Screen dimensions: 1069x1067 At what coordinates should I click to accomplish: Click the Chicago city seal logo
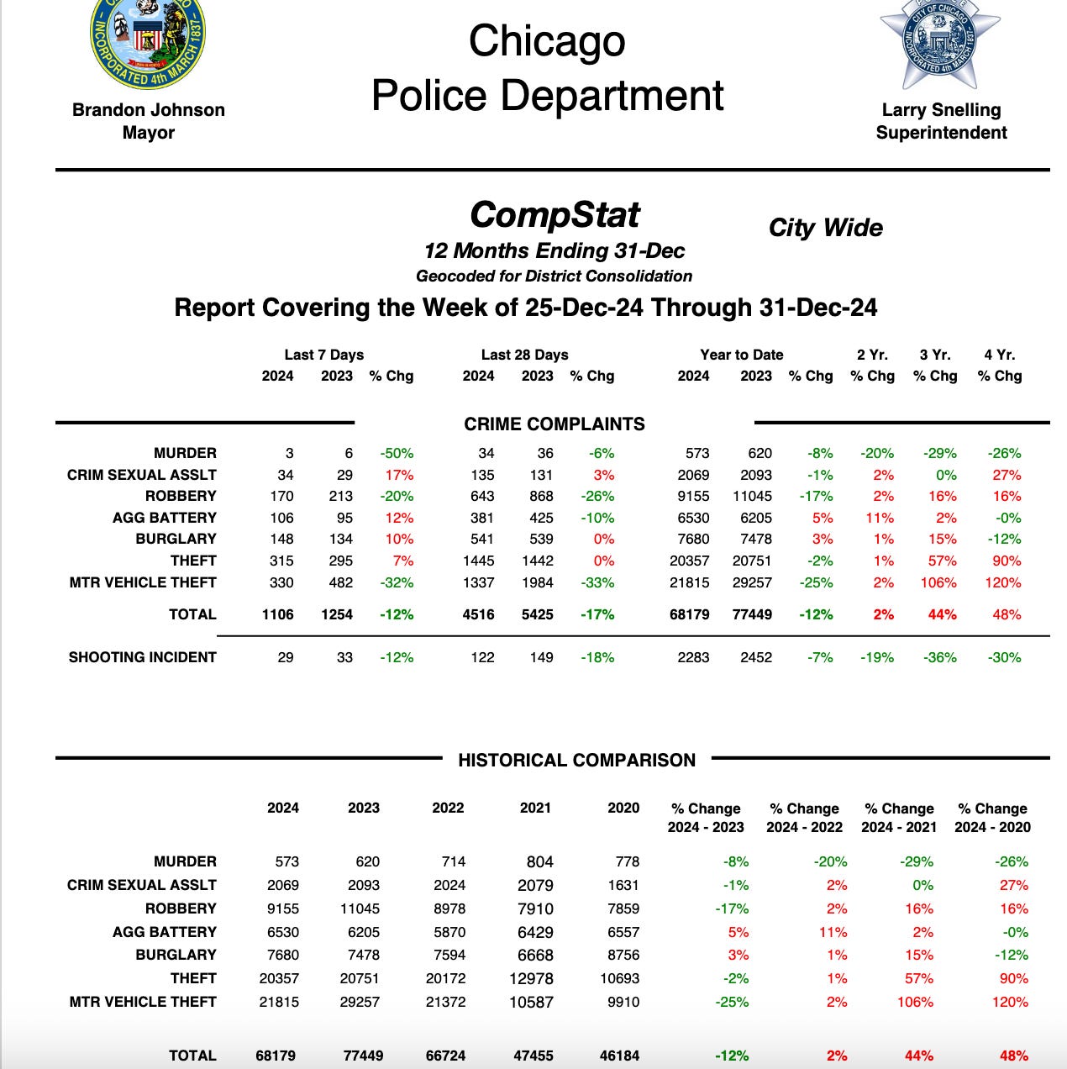coord(148,42)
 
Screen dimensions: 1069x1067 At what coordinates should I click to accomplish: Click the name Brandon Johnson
coord(149,110)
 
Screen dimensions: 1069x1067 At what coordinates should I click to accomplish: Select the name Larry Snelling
coord(941,110)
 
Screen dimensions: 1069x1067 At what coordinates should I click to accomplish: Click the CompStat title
coord(555,215)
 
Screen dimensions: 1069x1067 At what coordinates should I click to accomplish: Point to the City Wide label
coord(825,228)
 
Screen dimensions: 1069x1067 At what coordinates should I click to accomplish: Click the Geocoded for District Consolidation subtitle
coord(555,276)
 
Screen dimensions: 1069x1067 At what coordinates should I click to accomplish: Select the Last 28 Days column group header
coord(524,355)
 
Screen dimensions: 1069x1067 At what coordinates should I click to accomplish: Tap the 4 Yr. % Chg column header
coord(999,366)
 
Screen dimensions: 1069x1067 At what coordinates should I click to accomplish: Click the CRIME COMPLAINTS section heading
coord(555,424)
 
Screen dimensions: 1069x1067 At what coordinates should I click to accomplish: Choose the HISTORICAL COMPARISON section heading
coord(576,761)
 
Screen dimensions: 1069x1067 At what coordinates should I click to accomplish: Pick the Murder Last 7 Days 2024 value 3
coord(288,453)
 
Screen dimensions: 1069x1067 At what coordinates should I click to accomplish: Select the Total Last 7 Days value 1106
coord(277,614)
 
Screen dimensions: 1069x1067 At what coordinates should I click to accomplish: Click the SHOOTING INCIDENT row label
coord(143,657)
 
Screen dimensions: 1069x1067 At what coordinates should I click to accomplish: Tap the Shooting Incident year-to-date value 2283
coord(693,657)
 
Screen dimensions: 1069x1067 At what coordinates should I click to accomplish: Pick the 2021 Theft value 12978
coord(531,979)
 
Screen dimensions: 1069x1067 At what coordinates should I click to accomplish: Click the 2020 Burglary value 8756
coord(622,956)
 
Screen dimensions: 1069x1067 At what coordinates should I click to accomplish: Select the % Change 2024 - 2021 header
coord(899,818)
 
